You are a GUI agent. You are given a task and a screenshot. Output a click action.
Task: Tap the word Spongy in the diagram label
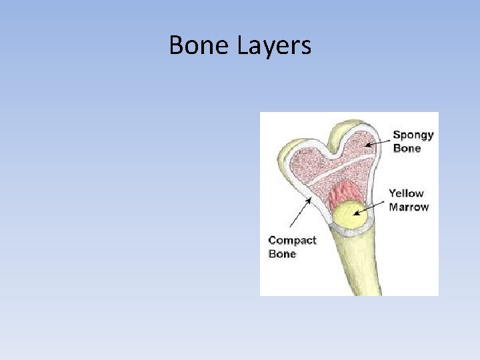413,135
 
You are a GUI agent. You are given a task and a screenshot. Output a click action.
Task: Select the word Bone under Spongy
407,148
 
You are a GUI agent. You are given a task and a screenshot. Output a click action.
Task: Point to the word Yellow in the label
406,193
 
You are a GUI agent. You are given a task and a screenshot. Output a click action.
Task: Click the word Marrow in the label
409,207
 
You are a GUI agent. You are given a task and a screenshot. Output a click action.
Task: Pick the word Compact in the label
291,240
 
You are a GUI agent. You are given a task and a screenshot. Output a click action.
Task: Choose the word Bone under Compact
282,254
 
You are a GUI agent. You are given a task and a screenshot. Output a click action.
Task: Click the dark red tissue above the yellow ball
344,193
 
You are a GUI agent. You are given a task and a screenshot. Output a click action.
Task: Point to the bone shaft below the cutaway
347,267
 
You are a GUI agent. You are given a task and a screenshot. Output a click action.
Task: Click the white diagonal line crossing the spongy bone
333,168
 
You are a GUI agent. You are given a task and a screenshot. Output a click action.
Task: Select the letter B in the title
176,45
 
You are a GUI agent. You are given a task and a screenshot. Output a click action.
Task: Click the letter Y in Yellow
393,193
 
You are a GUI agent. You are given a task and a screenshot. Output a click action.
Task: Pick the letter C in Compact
273,240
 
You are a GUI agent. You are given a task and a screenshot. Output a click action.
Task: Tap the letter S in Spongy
397,135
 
